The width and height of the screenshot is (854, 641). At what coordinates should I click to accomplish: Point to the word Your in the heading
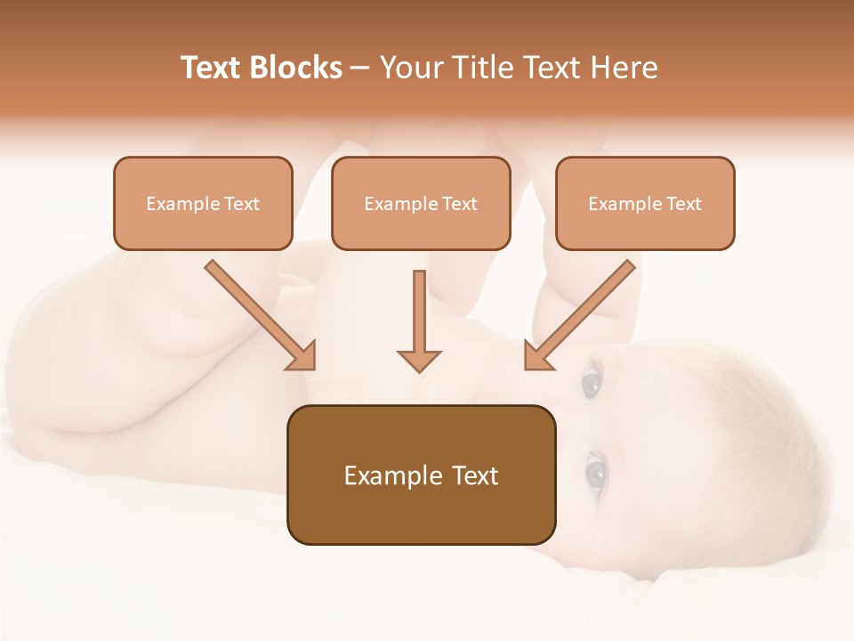point(410,68)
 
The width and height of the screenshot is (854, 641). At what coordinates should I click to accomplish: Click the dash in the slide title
point(360,69)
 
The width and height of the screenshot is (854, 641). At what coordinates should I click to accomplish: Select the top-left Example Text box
point(203,203)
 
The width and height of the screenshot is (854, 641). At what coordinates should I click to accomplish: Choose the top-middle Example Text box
point(421,203)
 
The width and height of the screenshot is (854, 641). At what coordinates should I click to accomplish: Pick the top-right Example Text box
point(645,203)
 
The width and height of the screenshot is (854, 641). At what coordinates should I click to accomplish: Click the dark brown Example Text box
point(421,475)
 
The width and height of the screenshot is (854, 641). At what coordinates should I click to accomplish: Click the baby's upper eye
point(591,385)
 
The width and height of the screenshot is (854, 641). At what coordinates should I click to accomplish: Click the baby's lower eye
point(594,471)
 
